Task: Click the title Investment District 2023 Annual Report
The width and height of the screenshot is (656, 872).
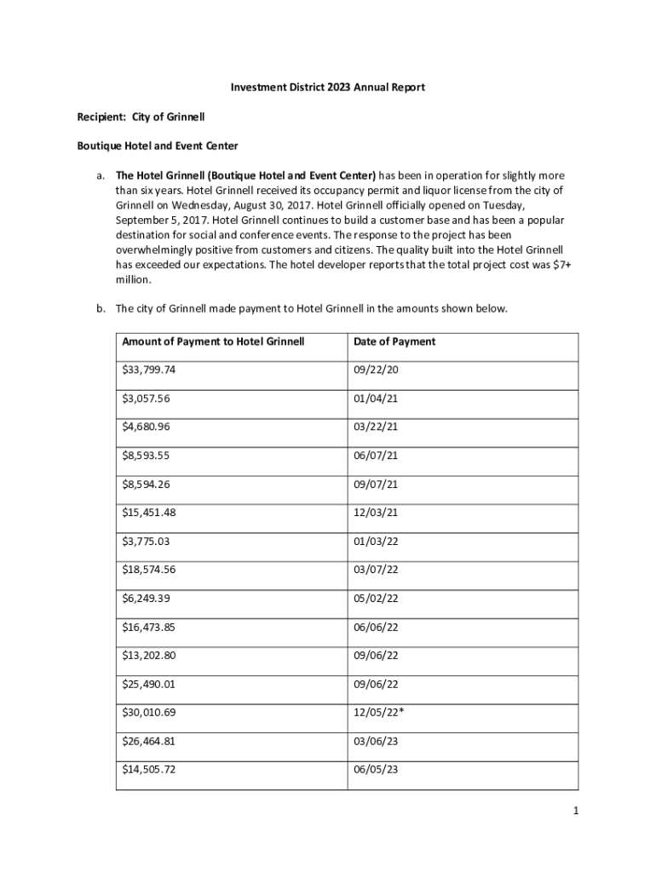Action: coord(328,87)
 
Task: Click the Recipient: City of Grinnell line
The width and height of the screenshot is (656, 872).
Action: coord(141,116)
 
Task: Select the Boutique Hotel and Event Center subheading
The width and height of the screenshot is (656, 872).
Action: coord(158,146)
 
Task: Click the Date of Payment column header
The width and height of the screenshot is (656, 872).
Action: coord(394,341)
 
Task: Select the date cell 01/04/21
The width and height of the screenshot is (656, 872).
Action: coord(376,399)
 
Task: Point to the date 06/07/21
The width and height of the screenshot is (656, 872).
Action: coord(376,456)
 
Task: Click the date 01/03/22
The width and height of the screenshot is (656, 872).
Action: coord(376,541)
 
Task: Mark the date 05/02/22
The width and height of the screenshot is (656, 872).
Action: coord(376,598)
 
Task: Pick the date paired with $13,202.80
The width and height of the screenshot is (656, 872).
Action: coord(376,656)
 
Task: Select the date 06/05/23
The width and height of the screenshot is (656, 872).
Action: coord(376,770)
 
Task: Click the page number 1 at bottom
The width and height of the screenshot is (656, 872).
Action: coord(576,811)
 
